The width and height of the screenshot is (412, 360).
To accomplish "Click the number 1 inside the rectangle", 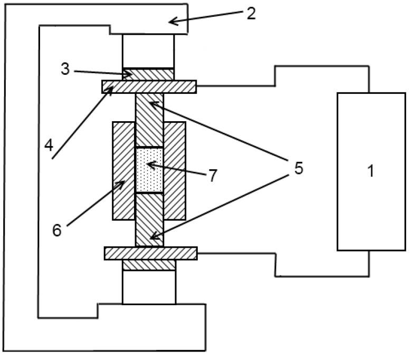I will [x=371, y=171].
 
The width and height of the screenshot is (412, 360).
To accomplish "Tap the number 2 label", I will [x=251, y=13].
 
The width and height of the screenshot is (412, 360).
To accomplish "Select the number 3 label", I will [x=65, y=69].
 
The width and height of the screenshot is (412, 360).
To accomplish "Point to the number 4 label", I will [x=49, y=144].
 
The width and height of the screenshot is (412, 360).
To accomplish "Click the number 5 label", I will [x=299, y=169].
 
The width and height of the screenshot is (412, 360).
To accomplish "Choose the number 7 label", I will [x=212, y=176].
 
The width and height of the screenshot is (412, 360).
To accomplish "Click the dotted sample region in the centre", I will [x=149, y=170].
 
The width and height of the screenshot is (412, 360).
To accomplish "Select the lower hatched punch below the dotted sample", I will [x=149, y=219].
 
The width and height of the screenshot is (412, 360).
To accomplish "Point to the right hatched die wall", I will [x=175, y=171].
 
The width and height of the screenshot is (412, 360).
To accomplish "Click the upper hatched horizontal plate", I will [x=149, y=86].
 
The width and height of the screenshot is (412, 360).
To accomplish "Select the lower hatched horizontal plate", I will [x=150, y=253].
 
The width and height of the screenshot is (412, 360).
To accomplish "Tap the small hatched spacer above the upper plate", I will [x=148, y=74].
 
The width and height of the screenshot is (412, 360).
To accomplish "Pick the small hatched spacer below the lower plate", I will [x=149, y=265].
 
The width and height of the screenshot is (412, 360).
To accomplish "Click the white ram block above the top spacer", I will [x=148, y=51].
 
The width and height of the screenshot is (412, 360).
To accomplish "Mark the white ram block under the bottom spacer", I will [x=149, y=287].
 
